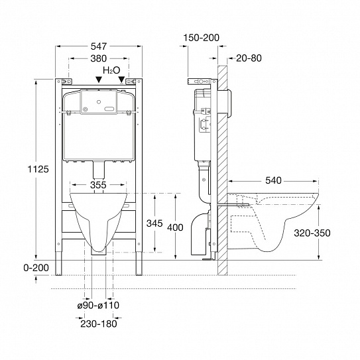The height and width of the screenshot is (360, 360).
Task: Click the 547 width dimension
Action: pos(99,46)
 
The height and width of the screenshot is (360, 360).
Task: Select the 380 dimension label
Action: pos(99,58)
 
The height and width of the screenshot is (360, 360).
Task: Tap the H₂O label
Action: pos(111,70)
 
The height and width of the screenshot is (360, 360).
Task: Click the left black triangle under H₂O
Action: pos(99,80)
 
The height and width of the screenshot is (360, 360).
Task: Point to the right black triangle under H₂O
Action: pos(121,80)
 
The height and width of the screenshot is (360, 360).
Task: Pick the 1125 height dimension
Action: pos(38,169)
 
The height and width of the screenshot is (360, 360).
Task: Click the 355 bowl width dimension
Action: pos(98,185)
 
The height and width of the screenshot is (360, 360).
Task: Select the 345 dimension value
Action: pos(154,223)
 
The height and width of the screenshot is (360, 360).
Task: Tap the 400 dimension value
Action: pos(175,227)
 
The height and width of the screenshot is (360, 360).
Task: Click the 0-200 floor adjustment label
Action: pos(36,268)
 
